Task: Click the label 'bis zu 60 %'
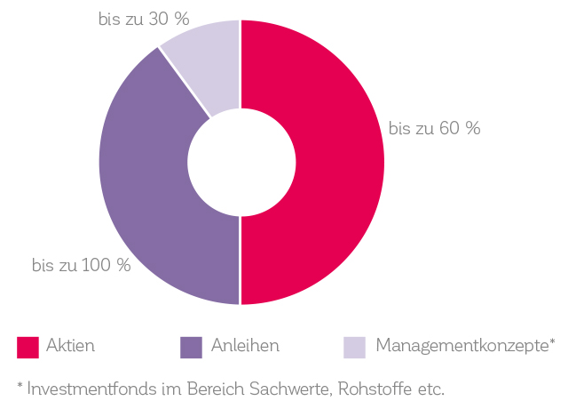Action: tap(435, 129)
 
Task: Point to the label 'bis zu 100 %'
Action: tap(81, 265)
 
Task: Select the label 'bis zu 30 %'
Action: tap(144, 20)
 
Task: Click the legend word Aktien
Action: tap(71, 346)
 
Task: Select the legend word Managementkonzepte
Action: tap(461, 346)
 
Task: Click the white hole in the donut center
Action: tap(241, 163)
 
